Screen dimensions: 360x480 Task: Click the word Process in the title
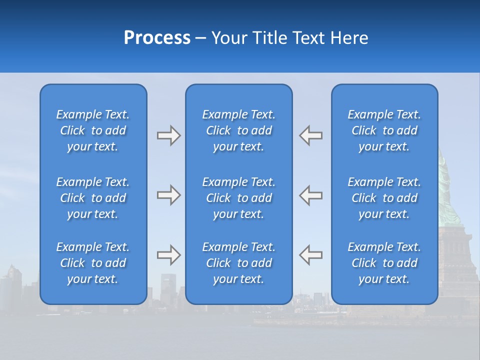pos(157,38)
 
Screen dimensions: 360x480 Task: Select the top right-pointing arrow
pos(168,135)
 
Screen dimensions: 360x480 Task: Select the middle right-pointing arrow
pos(168,195)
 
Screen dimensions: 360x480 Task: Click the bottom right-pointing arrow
pos(168,254)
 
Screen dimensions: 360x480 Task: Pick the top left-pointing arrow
pos(311,135)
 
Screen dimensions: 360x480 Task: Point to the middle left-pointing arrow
pos(311,195)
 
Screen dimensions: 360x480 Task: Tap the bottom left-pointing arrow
pos(311,254)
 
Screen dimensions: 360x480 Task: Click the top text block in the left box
pos(93,130)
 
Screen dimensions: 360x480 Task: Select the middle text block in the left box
pos(93,198)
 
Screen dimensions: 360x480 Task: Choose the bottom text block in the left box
pos(93,263)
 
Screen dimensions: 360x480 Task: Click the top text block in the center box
pos(238,130)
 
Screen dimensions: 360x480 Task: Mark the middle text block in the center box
pos(238,198)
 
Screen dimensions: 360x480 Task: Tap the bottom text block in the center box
pos(238,263)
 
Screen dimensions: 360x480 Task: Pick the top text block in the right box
pos(384,130)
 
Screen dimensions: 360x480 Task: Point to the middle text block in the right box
pos(384,198)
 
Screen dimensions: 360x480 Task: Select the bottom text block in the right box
pos(384,263)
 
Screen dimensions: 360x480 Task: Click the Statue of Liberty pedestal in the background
pos(457,260)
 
